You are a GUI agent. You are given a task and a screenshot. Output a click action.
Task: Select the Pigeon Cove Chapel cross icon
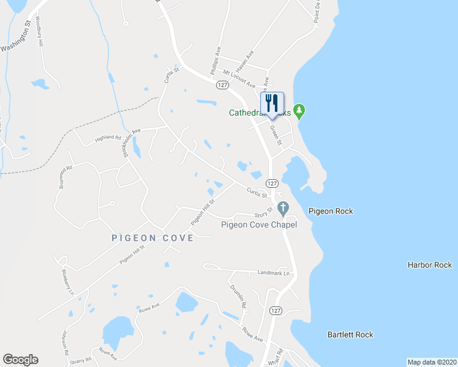click(x=282, y=208)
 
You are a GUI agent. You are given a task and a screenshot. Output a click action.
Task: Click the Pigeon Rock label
click(x=331, y=211)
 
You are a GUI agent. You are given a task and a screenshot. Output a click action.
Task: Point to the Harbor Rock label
click(x=430, y=265)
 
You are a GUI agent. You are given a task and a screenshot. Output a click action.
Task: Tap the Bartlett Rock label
click(x=350, y=335)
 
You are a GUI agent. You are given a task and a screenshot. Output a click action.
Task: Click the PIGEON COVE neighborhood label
click(x=152, y=237)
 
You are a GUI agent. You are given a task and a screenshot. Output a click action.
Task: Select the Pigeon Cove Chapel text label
click(x=259, y=224)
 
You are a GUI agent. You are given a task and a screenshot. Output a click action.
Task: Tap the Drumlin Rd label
click(x=238, y=296)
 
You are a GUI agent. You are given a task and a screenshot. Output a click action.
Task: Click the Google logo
click(x=20, y=360)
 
